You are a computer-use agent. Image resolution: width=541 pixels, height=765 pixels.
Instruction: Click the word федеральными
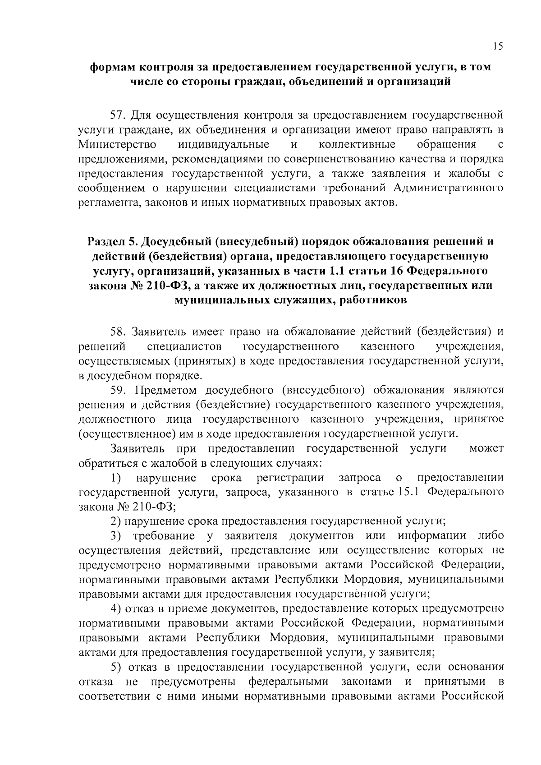(289, 681)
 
